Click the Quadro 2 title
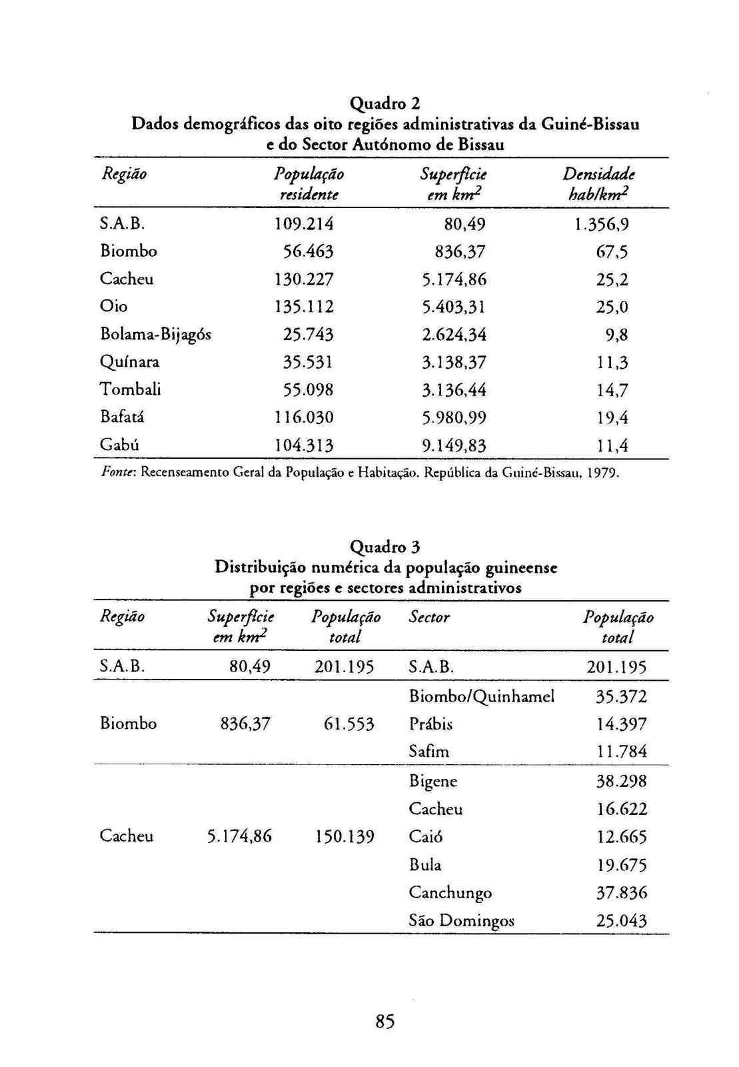385,103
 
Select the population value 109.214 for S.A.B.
304,223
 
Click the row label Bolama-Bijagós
155,334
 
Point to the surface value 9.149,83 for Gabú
454,445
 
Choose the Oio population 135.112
304,307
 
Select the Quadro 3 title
385,547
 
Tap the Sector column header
428,618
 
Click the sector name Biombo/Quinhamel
481,697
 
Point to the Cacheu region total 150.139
344,836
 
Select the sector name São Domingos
461,921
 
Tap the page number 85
385,1021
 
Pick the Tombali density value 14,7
612,390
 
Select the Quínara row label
129,362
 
